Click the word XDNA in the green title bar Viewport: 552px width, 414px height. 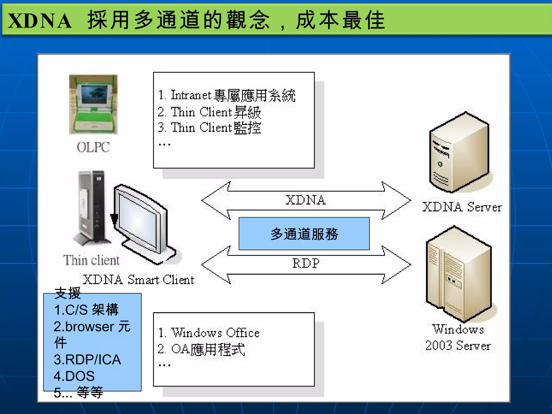point(40,21)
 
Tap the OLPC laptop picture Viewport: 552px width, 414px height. point(93,105)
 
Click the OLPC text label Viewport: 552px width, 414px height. point(93,147)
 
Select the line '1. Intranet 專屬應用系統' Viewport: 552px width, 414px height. point(227,95)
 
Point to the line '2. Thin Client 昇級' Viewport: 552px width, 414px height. point(210,112)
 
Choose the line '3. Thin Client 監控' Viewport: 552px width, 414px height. point(210,128)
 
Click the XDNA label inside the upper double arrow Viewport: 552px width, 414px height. point(306,200)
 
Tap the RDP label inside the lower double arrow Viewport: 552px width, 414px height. point(306,263)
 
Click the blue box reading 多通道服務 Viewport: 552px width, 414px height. point(304,234)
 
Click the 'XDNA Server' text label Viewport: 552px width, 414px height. point(462,207)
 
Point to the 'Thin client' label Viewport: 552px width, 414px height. point(91,260)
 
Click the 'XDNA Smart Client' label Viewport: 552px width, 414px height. point(139,280)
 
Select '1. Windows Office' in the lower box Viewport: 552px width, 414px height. point(209,333)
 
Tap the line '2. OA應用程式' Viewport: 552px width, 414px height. point(202,349)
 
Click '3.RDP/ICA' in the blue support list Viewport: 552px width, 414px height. point(87,360)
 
